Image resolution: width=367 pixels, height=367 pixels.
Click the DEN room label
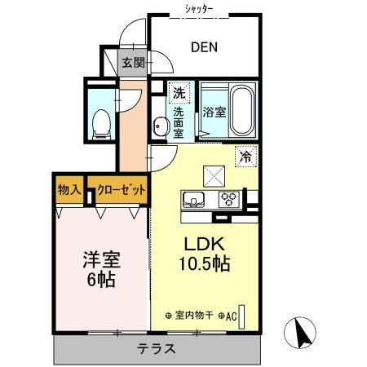point(204,47)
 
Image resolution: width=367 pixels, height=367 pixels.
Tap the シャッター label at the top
point(199,9)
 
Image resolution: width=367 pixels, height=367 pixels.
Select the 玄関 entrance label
point(133,63)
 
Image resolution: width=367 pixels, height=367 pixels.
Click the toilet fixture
point(101,125)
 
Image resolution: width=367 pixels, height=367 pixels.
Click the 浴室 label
point(214,112)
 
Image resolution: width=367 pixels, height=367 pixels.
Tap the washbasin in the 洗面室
point(160,126)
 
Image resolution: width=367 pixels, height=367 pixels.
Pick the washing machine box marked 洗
point(179,93)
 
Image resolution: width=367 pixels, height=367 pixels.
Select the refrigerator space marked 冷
point(245,157)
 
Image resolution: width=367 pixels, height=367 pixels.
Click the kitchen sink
point(193,200)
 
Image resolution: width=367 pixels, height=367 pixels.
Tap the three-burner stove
point(229,200)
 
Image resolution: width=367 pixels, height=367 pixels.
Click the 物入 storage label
point(69,189)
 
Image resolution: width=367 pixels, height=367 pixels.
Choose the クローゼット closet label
point(122,189)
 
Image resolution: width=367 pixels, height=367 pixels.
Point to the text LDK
point(205,244)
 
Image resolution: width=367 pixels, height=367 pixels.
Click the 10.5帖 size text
point(205,263)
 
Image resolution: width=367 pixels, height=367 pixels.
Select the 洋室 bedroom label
point(102,259)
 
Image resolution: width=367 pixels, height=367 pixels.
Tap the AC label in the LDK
point(231,316)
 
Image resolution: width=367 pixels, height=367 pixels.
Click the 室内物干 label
point(194,316)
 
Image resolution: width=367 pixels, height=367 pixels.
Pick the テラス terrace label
point(157,348)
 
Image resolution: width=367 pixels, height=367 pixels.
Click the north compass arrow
point(303,334)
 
